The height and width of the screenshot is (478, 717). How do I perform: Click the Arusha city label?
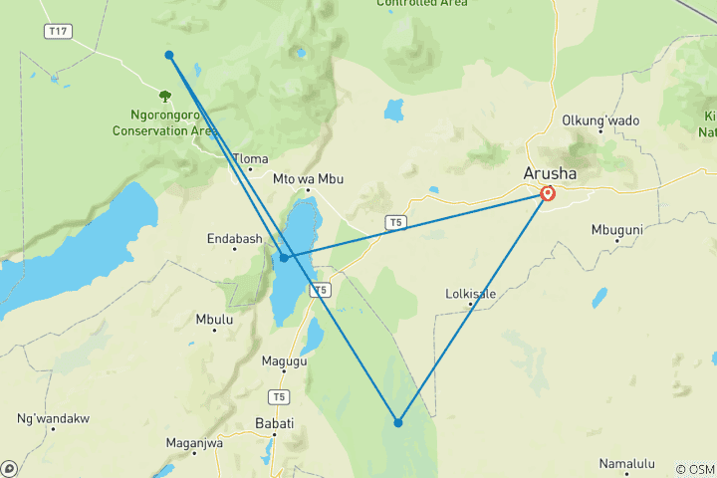click(x=549, y=173)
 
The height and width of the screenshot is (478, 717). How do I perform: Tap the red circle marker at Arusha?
click(x=548, y=193)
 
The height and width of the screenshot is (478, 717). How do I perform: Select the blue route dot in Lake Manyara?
click(x=285, y=258)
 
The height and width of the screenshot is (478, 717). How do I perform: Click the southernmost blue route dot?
click(x=398, y=422)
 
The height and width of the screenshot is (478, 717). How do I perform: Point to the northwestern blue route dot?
click(x=169, y=55)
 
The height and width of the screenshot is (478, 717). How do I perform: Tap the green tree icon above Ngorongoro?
click(x=164, y=97)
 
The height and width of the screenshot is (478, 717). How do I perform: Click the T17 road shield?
click(x=59, y=32)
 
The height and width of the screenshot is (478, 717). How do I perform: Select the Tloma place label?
click(x=250, y=158)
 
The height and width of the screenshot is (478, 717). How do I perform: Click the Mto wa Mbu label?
click(x=308, y=179)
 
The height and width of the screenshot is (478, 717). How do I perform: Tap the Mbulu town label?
click(x=214, y=320)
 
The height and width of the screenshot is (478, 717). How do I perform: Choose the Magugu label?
click(x=284, y=361)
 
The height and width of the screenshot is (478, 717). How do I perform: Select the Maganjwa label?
click(x=194, y=443)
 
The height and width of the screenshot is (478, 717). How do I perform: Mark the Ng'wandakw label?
click(x=53, y=418)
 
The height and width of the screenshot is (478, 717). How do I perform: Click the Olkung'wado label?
click(x=600, y=120)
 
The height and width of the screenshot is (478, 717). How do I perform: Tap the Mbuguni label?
click(x=618, y=228)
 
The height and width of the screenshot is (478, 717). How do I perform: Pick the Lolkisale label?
click(x=470, y=294)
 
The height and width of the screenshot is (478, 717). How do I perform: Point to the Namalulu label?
click(x=626, y=463)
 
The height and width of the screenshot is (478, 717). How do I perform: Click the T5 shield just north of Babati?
click(x=280, y=397)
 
